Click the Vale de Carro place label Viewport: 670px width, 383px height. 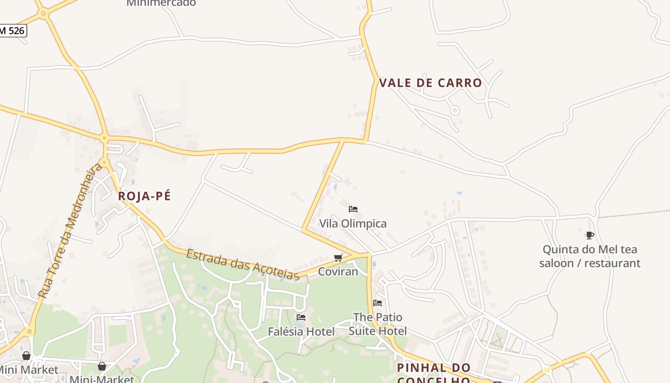[x=430, y=83]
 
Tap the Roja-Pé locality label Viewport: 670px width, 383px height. [x=144, y=196]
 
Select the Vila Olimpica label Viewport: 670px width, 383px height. [x=353, y=224]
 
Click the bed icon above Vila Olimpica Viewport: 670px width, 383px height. [x=353, y=209]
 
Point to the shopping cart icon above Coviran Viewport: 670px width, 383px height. [x=338, y=258]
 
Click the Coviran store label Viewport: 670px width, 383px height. [x=338, y=271]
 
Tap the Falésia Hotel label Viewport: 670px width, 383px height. [x=301, y=331]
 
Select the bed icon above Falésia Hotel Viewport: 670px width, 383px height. [x=301, y=317]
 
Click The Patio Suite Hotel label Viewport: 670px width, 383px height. [x=378, y=324]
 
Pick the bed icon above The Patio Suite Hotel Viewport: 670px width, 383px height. [x=378, y=303]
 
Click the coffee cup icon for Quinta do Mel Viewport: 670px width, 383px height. [x=590, y=235]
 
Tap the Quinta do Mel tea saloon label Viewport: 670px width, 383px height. [x=590, y=256]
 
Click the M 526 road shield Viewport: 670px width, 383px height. [x=12, y=31]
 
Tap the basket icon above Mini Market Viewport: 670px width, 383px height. [x=26, y=356]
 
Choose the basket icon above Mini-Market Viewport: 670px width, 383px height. [x=102, y=367]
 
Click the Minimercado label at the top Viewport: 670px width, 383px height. [x=161, y=3]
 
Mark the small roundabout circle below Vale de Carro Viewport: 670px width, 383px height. [x=455, y=110]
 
